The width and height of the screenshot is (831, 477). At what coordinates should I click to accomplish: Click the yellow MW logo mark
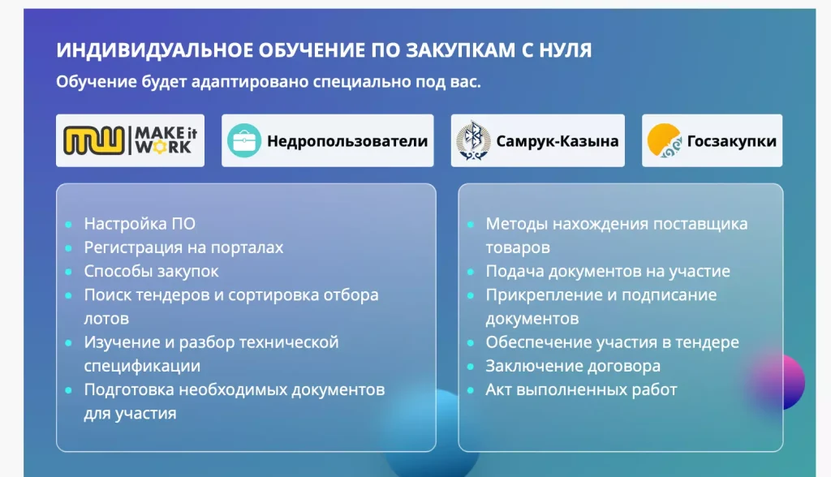pos(94,140)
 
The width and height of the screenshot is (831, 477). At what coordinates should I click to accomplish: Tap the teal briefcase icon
pos(243,140)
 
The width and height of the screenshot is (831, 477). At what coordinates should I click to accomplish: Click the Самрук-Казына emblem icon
pos(473,140)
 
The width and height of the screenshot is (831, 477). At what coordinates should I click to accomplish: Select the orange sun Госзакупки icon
pos(664,140)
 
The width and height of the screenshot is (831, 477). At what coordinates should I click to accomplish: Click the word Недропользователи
pos(347,141)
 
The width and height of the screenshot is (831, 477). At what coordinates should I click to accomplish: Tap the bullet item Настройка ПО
pos(140,224)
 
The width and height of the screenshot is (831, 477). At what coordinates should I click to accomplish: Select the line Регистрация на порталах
pos(183,247)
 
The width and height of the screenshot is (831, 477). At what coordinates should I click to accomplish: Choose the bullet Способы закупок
pos(151,272)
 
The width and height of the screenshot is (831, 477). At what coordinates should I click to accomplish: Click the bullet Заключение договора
pos(573,366)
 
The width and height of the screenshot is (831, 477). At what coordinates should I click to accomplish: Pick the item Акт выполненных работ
pos(581,390)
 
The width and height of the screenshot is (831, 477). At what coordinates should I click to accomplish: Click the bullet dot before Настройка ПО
pos(68,224)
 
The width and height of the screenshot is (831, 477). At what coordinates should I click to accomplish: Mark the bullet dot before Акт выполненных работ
pos(470,391)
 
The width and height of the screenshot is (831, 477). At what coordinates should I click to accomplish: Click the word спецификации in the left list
pos(142,366)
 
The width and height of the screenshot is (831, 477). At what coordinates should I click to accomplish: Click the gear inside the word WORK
pos(158,148)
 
